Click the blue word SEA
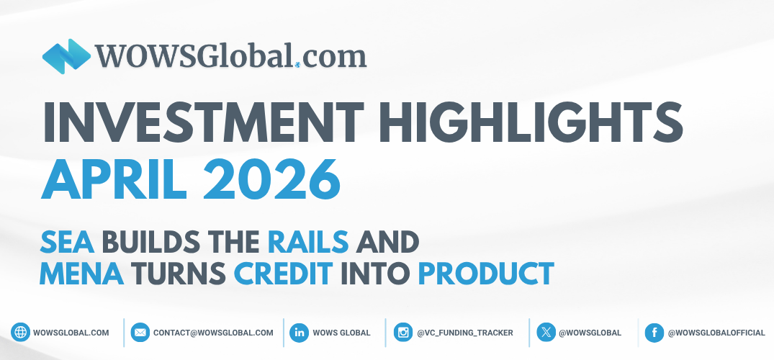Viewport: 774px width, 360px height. (67, 241)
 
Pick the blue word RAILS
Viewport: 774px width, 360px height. (307, 241)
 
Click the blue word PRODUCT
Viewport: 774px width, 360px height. (486, 274)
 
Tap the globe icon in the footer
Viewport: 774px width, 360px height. (20, 333)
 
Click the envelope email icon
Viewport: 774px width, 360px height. (140, 333)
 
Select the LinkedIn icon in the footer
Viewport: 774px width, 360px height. (299, 333)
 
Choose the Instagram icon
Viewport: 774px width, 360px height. (403, 333)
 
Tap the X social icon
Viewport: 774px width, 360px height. (546, 333)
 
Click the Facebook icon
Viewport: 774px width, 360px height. (654, 333)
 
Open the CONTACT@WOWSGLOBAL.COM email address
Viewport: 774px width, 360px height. (213, 333)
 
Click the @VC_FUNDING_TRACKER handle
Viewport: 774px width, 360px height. (465, 333)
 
